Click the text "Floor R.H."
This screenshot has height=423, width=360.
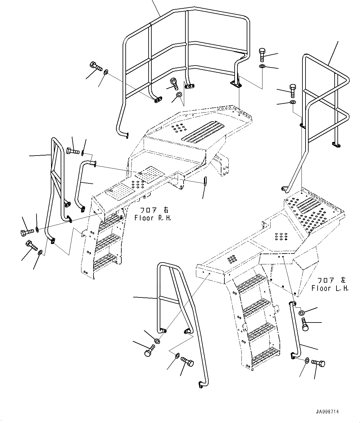pos(153,218)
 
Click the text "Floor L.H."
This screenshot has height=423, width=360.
pos(330,288)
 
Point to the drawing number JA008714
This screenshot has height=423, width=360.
pos(327,412)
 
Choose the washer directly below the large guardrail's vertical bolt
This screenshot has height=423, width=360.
pos(262,67)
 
